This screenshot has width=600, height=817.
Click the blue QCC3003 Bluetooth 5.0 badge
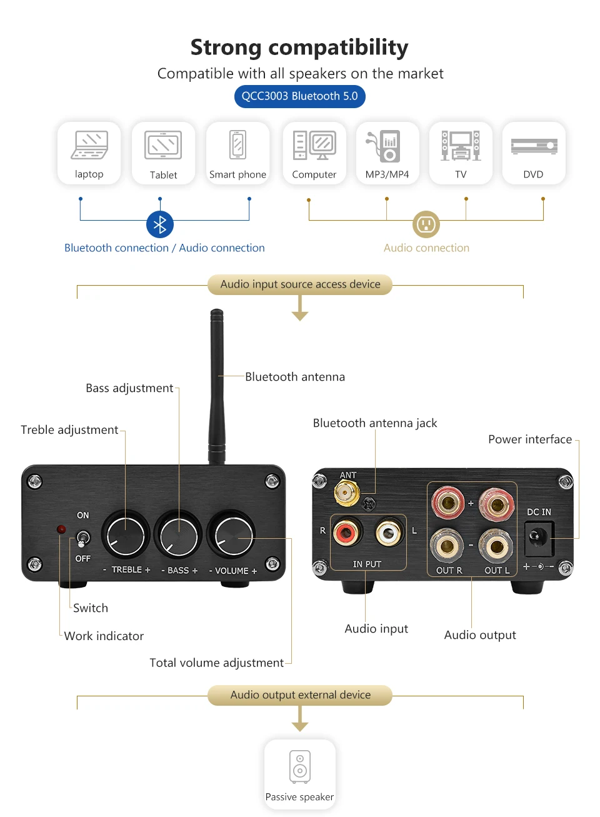click(x=299, y=96)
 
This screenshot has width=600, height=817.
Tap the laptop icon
click(x=89, y=145)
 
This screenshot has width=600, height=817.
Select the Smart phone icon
click(x=237, y=145)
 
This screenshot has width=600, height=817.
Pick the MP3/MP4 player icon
click(x=383, y=146)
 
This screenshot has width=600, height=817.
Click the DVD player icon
click(x=534, y=146)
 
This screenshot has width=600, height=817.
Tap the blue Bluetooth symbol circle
click(x=160, y=224)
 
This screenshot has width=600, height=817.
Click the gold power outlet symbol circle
click(x=426, y=224)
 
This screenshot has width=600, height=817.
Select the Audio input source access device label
click(x=300, y=284)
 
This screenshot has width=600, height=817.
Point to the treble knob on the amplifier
click(x=125, y=535)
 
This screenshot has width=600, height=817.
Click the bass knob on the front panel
click(x=178, y=535)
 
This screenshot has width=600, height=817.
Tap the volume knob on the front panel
click(x=231, y=534)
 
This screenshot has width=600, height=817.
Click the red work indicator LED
click(x=61, y=529)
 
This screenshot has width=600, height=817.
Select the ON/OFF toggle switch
click(x=82, y=539)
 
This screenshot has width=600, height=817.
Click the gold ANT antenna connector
click(x=346, y=493)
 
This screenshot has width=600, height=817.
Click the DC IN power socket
click(x=539, y=538)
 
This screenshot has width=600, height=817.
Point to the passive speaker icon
click(x=300, y=766)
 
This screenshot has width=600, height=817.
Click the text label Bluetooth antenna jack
click(x=374, y=423)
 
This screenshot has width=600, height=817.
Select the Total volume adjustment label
click(x=216, y=663)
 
